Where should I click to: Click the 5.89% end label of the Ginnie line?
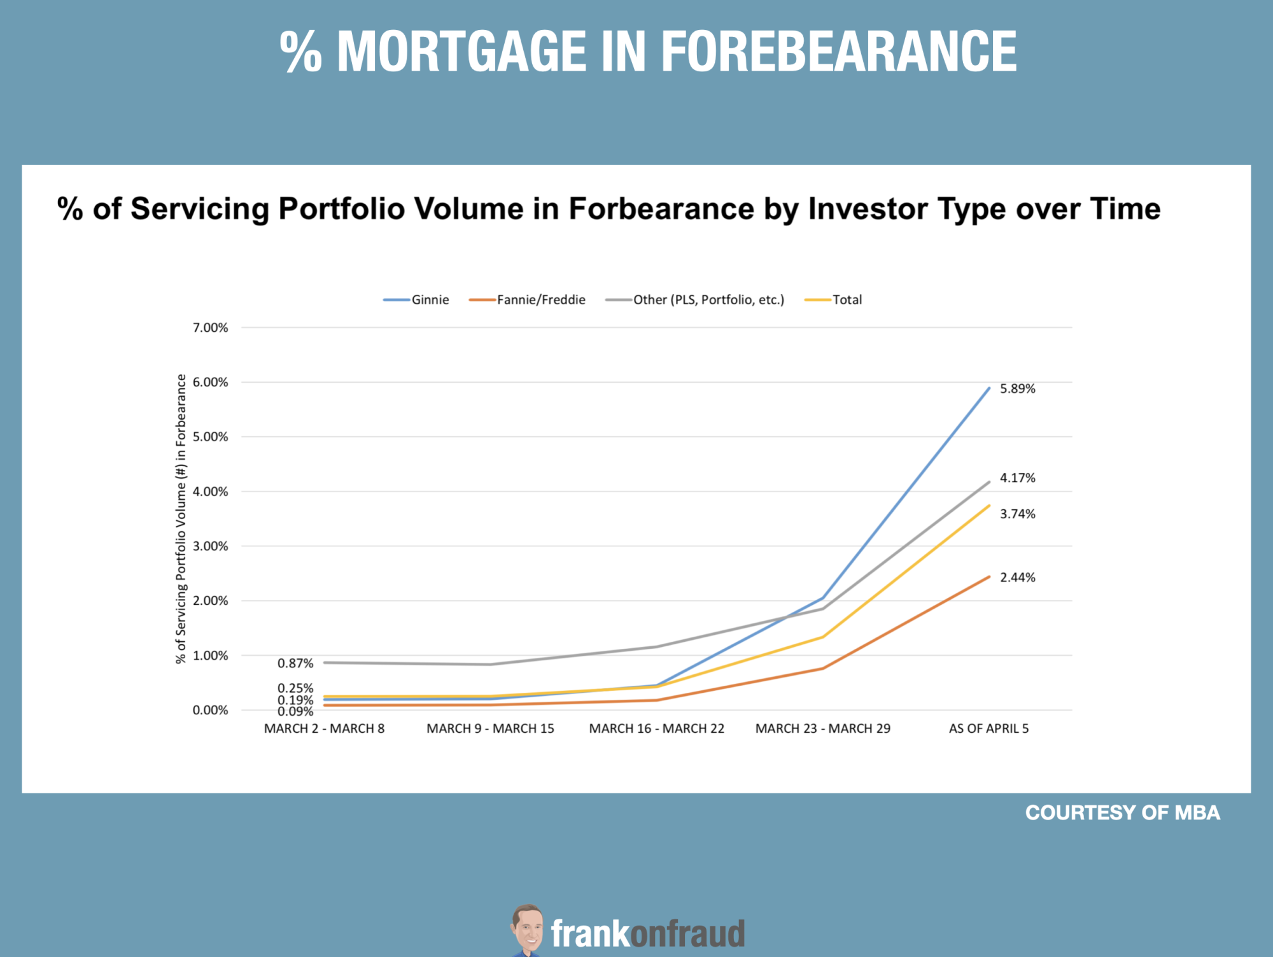point(1017,388)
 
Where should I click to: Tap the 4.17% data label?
point(1017,478)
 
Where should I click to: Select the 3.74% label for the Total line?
point(1017,514)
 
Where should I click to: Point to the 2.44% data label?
point(1017,578)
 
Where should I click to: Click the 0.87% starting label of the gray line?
point(295,663)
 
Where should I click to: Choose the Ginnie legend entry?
point(416,300)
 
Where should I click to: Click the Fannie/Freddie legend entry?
point(527,300)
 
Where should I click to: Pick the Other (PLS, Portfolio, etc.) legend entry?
point(695,300)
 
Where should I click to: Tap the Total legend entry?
point(833,300)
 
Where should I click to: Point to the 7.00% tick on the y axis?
point(210,328)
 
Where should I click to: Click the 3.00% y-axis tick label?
point(210,546)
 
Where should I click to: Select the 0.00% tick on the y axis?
point(210,711)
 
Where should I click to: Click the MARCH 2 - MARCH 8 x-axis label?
point(324,728)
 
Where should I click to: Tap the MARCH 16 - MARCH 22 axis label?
point(656,728)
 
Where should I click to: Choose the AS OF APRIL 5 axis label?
point(988,728)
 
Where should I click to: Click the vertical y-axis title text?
point(181,519)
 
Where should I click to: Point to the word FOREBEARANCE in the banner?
point(839,52)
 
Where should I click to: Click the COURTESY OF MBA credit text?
point(1123,813)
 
